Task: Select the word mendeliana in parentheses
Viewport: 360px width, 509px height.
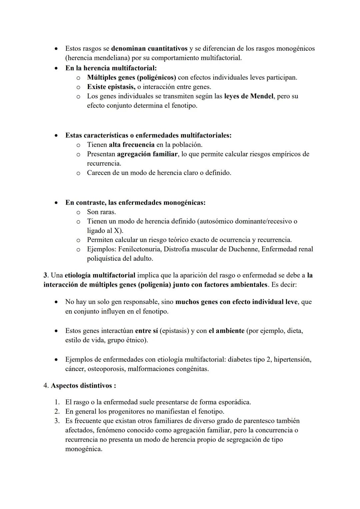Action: tap(111, 58)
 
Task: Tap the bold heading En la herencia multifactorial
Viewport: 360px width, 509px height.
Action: tap(111, 68)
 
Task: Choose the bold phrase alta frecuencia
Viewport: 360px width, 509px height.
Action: tap(131, 145)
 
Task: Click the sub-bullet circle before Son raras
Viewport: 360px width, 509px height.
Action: tap(78, 212)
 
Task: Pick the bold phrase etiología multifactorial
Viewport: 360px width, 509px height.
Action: tap(100, 275)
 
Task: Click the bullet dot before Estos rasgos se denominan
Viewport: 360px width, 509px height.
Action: tap(57, 49)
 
